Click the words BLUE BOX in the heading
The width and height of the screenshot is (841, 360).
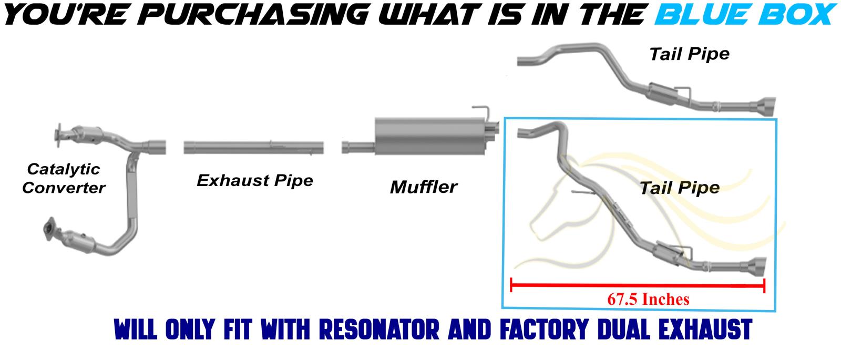point(744,15)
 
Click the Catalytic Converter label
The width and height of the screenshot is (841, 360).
point(64,178)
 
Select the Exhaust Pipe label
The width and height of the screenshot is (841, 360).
point(255,180)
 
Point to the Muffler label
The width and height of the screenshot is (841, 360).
point(424,187)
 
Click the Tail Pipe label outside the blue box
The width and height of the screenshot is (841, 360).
point(689,54)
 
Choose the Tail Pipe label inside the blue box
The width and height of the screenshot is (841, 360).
point(679,188)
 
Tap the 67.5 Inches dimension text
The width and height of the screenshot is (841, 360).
point(648,299)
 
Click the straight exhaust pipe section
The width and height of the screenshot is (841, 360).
point(253,147)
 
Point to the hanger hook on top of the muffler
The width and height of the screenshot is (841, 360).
point(481,111)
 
